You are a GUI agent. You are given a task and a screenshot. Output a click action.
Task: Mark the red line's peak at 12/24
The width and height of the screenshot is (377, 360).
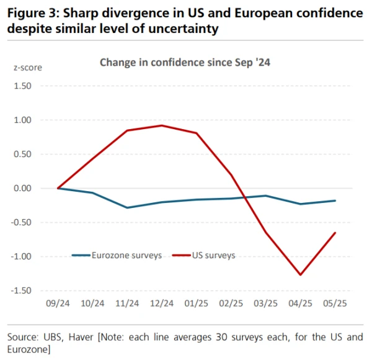coord(162,125)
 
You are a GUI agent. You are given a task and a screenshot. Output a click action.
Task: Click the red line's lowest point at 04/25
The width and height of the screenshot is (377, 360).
coord(301,274)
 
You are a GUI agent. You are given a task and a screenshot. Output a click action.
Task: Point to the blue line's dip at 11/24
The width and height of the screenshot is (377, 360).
coord(127,207)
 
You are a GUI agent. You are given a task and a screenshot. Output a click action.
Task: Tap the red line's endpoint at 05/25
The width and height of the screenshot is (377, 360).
coord(335,233)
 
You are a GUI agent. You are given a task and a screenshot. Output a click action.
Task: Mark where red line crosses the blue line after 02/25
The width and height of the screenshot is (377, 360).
coord(245,198)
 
